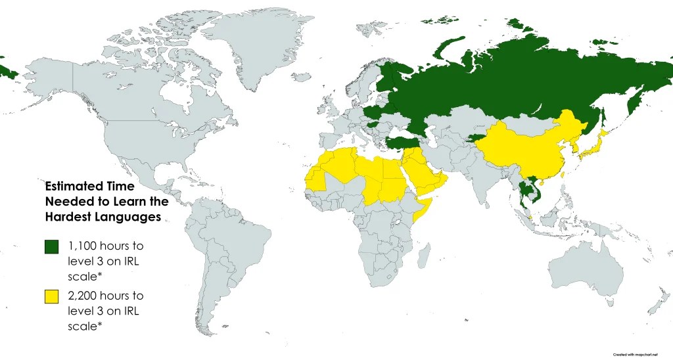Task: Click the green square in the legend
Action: (x=51, y=247)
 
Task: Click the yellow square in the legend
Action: (x=51, y=297)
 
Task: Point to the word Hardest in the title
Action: (x=68, y=217)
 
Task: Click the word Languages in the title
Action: (x=129, y=217)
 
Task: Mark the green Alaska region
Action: (x=8, y=70)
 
